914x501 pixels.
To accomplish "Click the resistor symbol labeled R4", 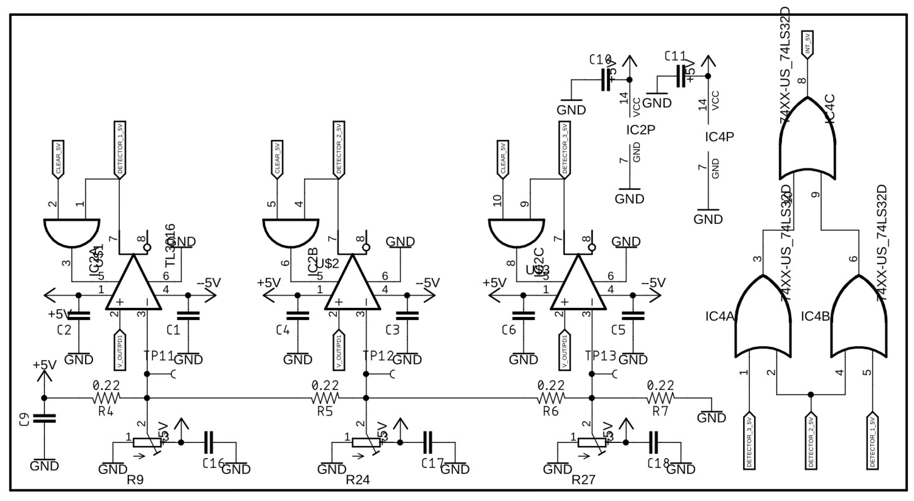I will (x=106, y=398).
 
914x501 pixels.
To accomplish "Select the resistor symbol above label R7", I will (x=660, y=398).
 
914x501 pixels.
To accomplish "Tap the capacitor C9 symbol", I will (x=44, y=418).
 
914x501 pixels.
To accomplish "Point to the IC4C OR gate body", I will (x=807, y=142).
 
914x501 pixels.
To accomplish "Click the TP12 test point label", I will (x=378, y=355).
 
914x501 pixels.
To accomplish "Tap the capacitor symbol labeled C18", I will (x=653, y=442).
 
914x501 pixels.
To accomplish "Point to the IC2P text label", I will (x=640, y=130).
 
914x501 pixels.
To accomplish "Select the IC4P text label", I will (x=719, y=136).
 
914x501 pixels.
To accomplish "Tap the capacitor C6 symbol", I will (x=523, y=315).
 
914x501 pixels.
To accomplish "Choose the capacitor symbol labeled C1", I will (x=188, y=315).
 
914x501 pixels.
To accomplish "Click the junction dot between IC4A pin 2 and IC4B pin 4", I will (x=811, y=394).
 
